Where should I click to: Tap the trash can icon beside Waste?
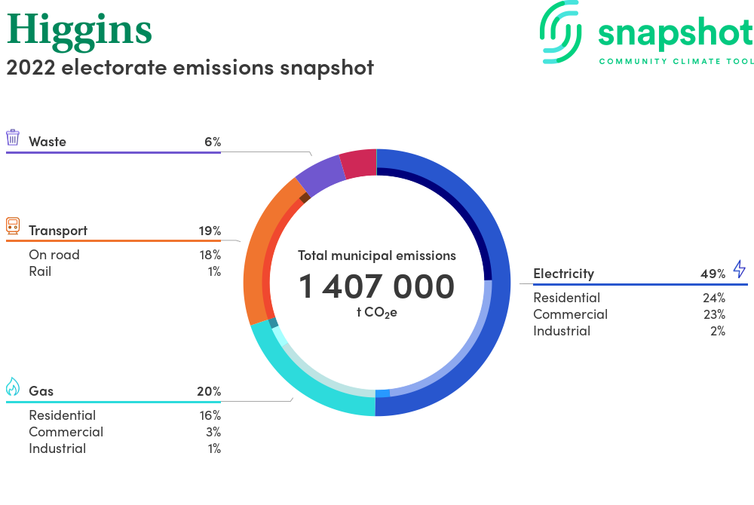pyautogui.click(x=13, y=137)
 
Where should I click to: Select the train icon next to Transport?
pyautogui.click(x=13, y=226)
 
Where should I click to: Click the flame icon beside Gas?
pyautogui.click(x=13, y=387)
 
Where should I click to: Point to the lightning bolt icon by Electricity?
pyautogui.click(x=740, y=269)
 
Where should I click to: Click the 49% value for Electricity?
pyautogui.click(x=713, y=274)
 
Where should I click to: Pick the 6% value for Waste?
pyautogui.click(x=213, y=142)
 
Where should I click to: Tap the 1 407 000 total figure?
pyautogui.click(x=376, y=286)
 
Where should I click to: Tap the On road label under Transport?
pyautogui.click(x=54, y=255)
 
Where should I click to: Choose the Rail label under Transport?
pyautogui.click(x=40, y=271)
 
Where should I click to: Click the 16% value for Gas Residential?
pyautogui.click(x=210, y=415)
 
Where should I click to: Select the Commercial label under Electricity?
pyautogui.click(x=570, y=314)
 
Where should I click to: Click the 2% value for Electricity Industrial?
pyautogui.click(x=718, y=331)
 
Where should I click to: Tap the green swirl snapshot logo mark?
pyautogui.click(x=561, y=32)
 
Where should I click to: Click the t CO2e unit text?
pyautogui.click(x=376, y=313)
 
